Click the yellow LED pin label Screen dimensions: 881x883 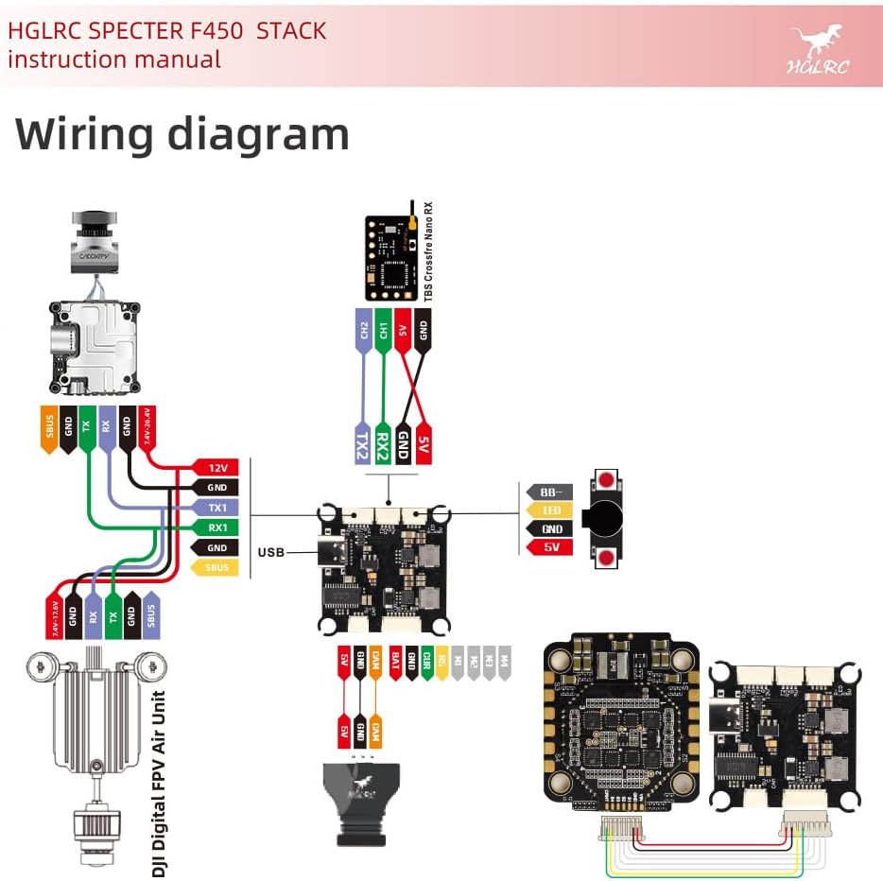click(550, 510)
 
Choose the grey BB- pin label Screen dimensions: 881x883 click(550, 492)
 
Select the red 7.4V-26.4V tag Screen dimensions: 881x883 click(146, 427)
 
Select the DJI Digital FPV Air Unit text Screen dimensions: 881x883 click(160, 785)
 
